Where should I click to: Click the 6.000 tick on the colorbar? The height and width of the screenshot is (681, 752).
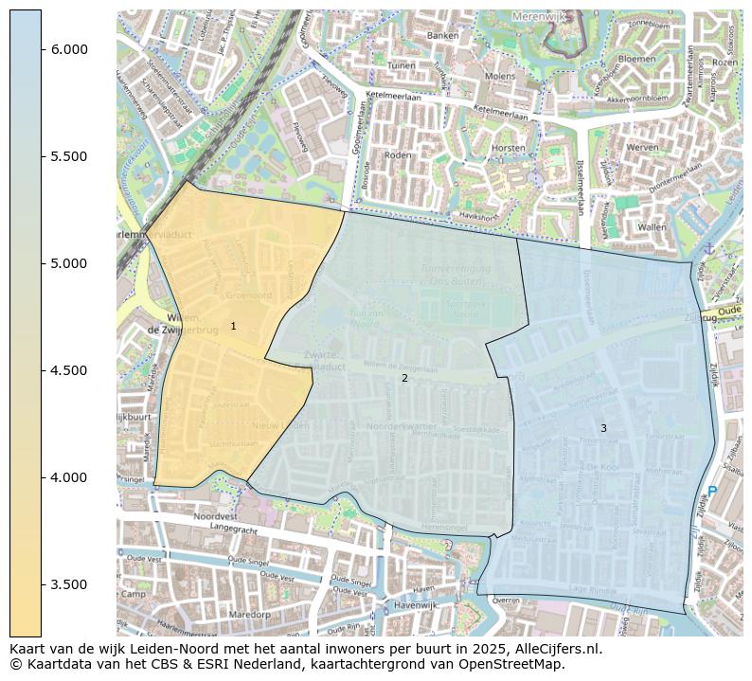point(69,49)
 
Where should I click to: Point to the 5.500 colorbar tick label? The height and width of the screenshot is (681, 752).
point(69,156)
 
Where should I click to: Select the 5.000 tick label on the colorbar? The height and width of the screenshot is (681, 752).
point(69,263)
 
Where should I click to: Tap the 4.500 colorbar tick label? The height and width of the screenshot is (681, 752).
point(69,370)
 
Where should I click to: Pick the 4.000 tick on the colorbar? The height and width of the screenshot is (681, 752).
point(69,477)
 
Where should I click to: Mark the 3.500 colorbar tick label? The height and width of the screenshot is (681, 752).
point(69,584)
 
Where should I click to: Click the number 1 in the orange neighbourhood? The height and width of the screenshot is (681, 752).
point(233,327)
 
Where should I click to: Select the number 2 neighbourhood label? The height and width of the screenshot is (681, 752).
point(404,379)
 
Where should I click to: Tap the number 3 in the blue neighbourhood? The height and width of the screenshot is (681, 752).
point(603,429)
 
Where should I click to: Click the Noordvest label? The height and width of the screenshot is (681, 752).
point(215,516)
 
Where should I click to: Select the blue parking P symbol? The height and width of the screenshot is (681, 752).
point(712,493)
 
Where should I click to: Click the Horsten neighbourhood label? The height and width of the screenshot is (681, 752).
point(509,149)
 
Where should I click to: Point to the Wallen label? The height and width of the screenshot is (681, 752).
point(652,227)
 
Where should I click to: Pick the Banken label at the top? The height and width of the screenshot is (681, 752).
point(442,36)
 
